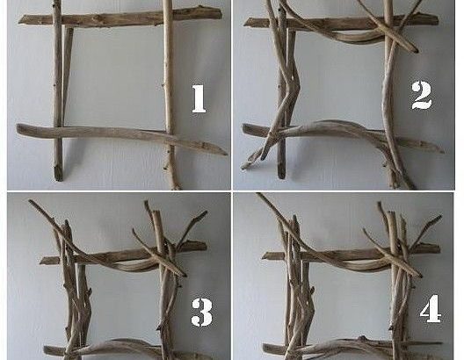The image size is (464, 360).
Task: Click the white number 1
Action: [199, 98]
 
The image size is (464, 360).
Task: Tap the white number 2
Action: [422, 95]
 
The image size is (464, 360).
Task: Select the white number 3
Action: [202, 312]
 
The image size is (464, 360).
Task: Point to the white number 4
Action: [431, 308]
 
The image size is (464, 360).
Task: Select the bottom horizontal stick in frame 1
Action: [121, 137]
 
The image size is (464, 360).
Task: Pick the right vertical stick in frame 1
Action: [170, 95]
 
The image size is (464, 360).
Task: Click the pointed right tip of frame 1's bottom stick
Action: [227, 154]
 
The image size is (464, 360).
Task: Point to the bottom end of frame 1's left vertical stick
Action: [58, 178]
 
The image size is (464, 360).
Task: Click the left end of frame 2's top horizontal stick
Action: [243, 23]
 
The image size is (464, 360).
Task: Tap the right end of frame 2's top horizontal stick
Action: [438, 20]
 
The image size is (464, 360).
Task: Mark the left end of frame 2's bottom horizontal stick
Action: [243, 127]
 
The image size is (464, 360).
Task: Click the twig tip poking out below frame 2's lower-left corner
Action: [242, 168]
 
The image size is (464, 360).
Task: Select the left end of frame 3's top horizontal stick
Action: [40, 261]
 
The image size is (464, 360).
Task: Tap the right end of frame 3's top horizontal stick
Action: [206, 246]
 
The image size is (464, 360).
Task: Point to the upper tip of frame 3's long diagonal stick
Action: [30, 201]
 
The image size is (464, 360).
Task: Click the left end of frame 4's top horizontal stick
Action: [263, 256]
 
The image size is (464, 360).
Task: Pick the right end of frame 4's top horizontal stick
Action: [439, 248]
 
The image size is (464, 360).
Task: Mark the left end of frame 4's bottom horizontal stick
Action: [264, 348]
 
